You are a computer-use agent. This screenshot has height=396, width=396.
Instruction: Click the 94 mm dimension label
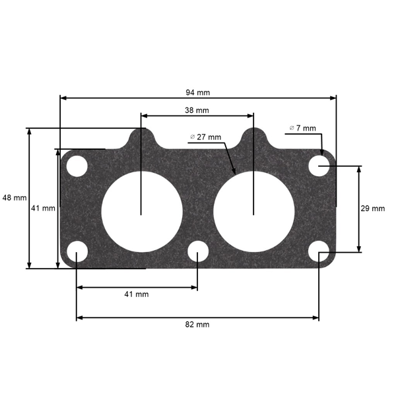click(x=198, y=92)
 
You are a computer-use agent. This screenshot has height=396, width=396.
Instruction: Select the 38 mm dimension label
click(x=197, y=110)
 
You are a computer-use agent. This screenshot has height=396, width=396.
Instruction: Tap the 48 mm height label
click(x=15, y=197)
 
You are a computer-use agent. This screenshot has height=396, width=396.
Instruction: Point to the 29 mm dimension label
click(x=372, y=209)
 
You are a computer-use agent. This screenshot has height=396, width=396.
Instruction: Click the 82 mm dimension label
click(x=197, y=324)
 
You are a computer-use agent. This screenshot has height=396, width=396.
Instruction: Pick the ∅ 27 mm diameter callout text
click(x=205, y=137)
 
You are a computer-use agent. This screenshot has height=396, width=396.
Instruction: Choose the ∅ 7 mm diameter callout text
click(x=303, y=127)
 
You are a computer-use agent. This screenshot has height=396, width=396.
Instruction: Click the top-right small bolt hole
click(x=319, y=165)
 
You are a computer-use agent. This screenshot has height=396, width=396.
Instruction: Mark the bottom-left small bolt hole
click(x=77, y=253)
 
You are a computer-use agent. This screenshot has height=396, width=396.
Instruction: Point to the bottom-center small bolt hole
click(x=197, y=253)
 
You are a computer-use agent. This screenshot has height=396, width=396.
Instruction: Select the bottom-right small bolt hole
click(x=319, y=253)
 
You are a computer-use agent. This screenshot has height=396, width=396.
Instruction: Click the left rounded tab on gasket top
click(x=141, y=137)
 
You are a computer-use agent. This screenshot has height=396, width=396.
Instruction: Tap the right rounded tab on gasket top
click(x=253, y=137)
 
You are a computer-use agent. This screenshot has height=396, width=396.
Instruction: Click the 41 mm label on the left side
click(x=44, y=208)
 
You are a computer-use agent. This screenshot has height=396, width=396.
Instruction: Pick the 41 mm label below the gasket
click(x=137, y=294)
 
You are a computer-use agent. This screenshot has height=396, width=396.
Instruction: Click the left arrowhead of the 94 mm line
click(x=63, y=98)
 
